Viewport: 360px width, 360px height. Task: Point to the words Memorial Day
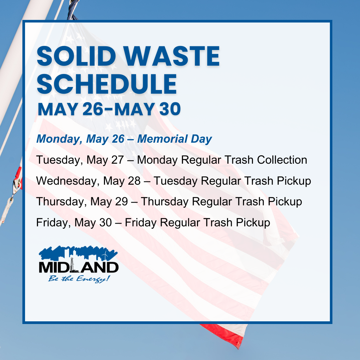pos(174,139)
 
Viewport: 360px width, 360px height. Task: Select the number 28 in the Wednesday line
pos(140,181)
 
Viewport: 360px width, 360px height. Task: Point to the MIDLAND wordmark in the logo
pos(79,267)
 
